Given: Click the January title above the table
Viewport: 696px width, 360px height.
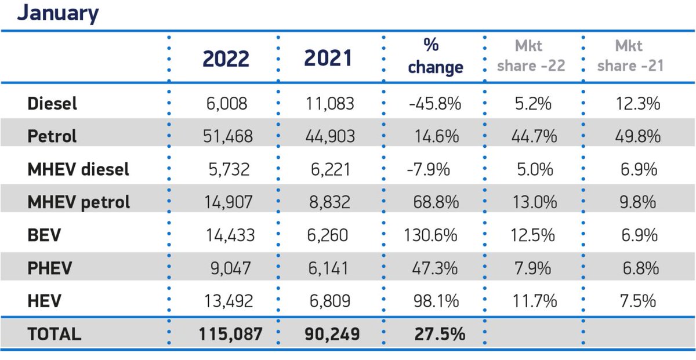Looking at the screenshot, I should coord(57,13).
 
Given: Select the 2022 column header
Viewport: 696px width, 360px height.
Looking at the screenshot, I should coord(226,59).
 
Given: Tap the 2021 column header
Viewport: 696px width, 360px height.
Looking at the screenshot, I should coord(328,59).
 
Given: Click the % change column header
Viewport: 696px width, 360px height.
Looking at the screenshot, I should coord(435,57).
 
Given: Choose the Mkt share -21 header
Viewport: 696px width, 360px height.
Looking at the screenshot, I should coord(630,56).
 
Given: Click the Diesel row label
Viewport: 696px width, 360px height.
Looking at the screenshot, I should coord(52,104).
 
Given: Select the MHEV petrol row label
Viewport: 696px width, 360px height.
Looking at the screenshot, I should coord(79,202).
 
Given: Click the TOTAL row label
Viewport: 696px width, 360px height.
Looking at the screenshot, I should coord(55,334).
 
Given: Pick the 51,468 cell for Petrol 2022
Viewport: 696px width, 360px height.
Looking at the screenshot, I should coord(228,137).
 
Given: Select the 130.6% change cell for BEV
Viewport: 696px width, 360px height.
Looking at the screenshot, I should coord(431,235).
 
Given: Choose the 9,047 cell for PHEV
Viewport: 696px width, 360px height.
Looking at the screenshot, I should coord(231,268).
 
